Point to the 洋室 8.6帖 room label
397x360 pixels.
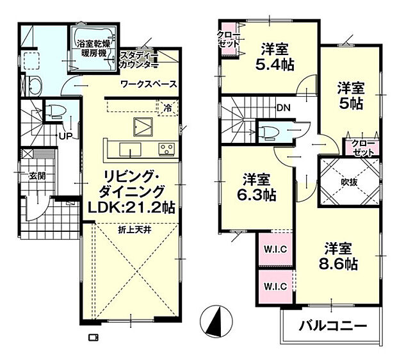339,255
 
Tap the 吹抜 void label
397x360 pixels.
348,182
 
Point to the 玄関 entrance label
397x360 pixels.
36,176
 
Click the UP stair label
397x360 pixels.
65,136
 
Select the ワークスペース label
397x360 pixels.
149,84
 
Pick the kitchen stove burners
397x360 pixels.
167,149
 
